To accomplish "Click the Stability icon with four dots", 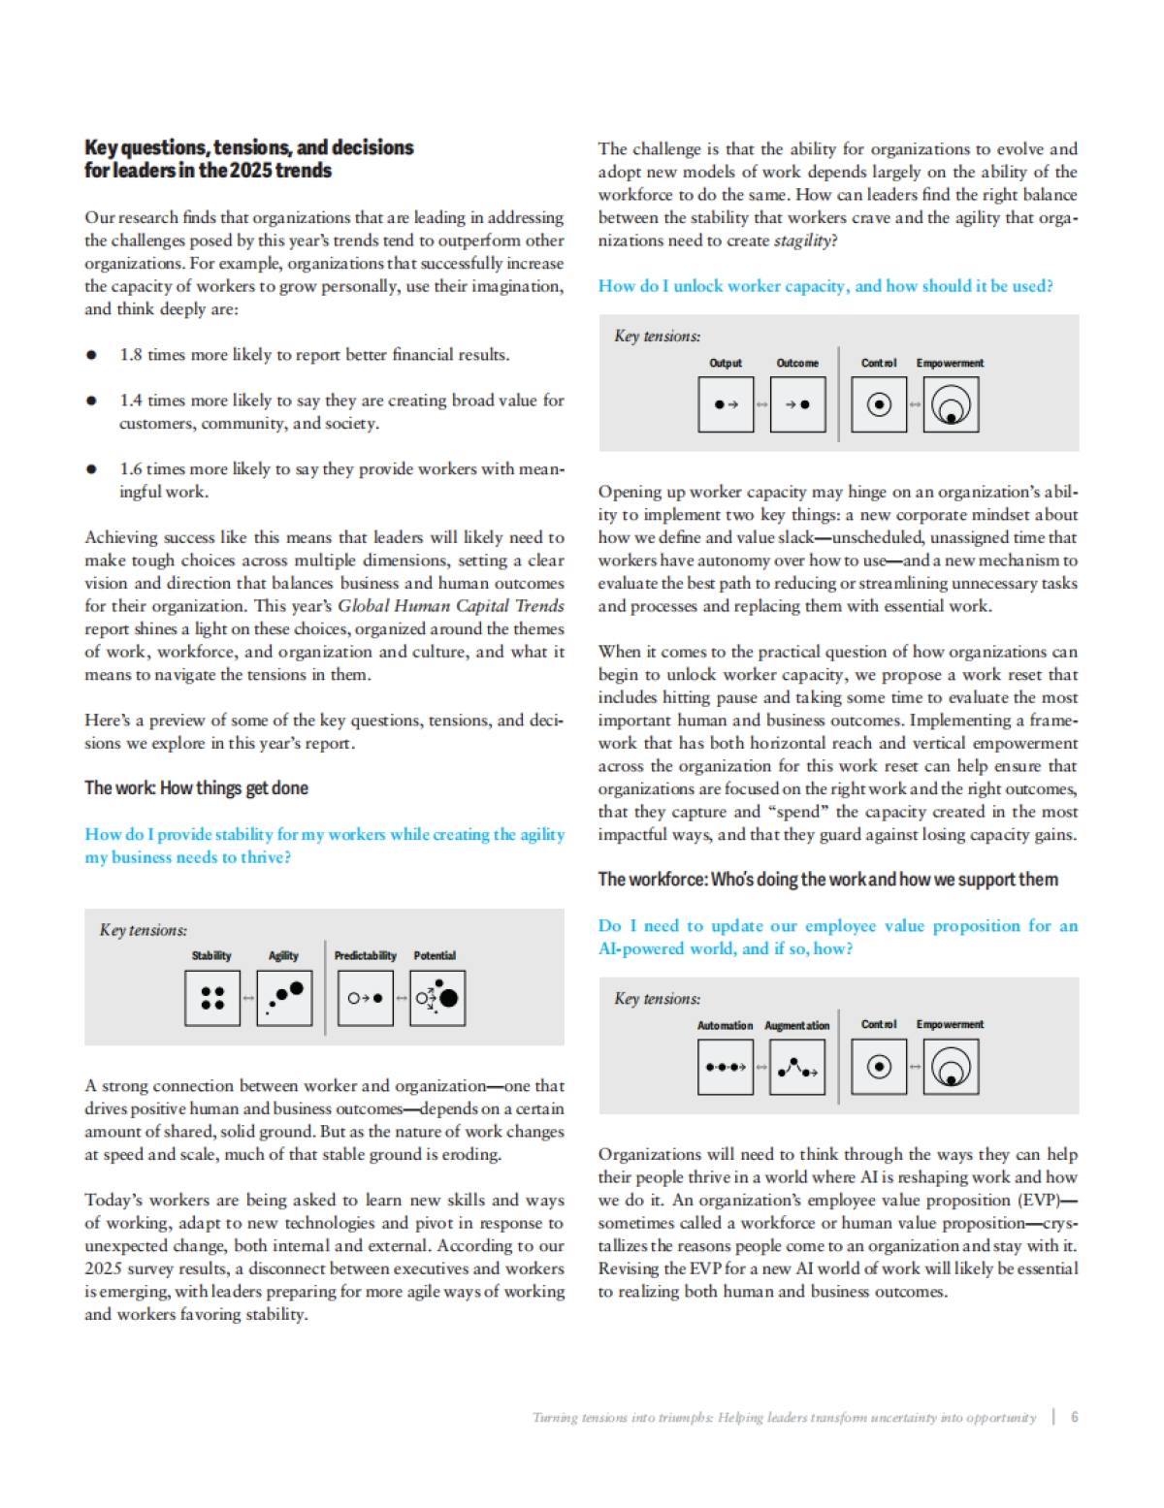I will pos(212,998).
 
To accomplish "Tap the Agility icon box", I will pos(284,998).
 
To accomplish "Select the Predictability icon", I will pos(366,998).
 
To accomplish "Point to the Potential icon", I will pos(437,998).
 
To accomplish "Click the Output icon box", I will pos(726,404).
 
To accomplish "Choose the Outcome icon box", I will pos(797,404).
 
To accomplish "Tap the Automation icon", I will pos(726,1067).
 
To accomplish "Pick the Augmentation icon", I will pos(797,1067).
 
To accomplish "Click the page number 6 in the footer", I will pos(1074,1417).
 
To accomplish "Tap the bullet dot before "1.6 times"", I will pos(91,469).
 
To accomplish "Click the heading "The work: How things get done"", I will pos(196,787).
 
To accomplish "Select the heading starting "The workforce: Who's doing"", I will pos(827,880).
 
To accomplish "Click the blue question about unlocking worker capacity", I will pos(824,286).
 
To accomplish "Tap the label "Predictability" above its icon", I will pos(365,955).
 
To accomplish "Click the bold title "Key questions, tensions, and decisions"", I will pos(248,147).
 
